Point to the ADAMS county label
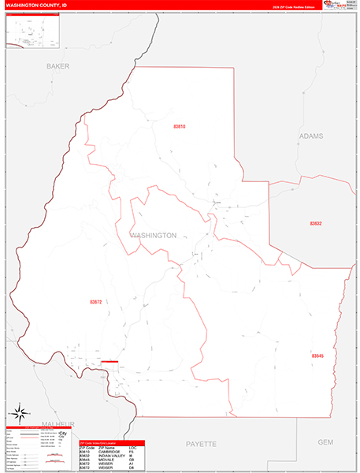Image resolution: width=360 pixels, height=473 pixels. click(x=311, y=136)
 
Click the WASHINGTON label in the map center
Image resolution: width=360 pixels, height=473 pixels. click(x=152, y=235)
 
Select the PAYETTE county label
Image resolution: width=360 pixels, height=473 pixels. click(x=201, y=444)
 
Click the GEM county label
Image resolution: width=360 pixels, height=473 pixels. click(x=326, y=442)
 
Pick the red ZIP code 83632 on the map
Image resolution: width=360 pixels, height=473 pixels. click(x=315, y=224)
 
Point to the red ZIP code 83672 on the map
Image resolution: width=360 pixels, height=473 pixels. click(x=96, y=302)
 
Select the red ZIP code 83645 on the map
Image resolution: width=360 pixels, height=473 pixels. click(x=317, y=356)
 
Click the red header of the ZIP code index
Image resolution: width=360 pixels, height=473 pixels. click(x=113, y=444)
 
